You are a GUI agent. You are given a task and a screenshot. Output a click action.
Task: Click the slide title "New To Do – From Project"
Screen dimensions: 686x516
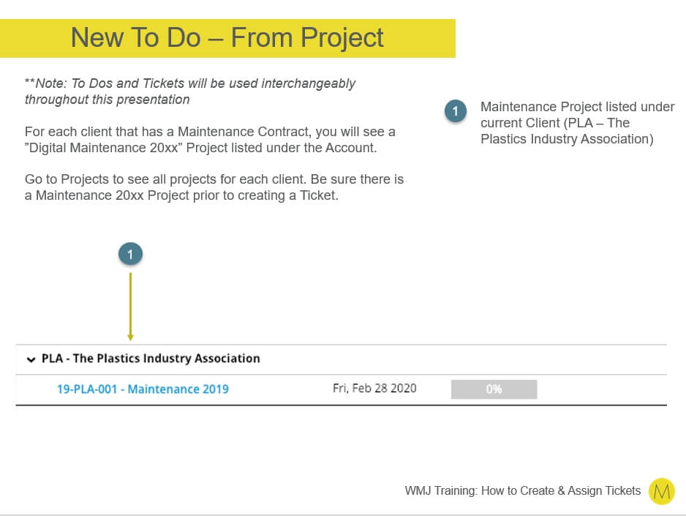click(x=227, y=37)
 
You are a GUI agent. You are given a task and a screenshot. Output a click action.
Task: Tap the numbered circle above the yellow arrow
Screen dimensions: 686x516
click(x=130, y=254)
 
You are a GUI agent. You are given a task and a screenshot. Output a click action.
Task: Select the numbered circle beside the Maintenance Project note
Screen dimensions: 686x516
click(x=456, y=111)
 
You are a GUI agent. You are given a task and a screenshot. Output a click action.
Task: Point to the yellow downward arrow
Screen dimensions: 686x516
click(x=130, y=307)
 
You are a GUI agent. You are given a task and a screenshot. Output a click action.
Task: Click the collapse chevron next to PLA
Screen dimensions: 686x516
click(x=31, y=359)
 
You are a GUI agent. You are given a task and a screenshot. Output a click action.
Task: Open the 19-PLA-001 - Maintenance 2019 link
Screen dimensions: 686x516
click(x=143, y=389)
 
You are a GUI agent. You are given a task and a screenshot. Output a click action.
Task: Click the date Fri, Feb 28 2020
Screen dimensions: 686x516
click(x=374, y=388)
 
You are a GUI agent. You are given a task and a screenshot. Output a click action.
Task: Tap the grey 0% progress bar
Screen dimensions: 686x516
click(x=494, y=389)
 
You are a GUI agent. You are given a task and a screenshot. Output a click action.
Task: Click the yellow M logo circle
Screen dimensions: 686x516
click(x=661, y=491)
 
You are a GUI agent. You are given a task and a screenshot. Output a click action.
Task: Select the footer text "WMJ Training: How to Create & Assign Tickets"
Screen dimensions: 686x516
click(x=522, y=490)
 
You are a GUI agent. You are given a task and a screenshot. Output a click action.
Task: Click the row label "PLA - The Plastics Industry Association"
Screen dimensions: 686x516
click(x=151, y=359)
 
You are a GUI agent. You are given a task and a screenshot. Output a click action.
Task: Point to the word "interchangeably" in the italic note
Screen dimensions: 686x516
click(x=309, y=83)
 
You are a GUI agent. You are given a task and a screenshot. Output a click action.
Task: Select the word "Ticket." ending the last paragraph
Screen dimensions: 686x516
click(x=319, y=195)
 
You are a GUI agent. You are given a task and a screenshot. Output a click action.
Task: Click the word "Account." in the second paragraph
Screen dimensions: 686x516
click(x=351, y=148)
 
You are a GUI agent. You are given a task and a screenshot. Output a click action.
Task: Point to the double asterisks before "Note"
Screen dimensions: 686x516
click(x=30, y=81)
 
